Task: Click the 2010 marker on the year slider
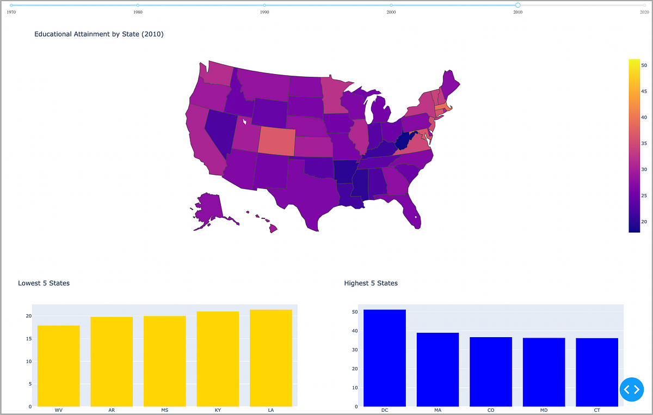tap(518, 5)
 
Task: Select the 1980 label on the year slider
tap(138, 12)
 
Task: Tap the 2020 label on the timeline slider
tap(644, 12)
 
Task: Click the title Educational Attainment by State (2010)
tap(98, 34)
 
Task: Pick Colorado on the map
tap(276, 141)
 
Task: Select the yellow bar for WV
tap(59, 365)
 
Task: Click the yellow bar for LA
tap(271, 358)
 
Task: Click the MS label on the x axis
tap(165, 410)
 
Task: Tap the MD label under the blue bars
tap(544, 410)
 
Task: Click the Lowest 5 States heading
tap(44, 283)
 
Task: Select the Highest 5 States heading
tap(371, 283)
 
